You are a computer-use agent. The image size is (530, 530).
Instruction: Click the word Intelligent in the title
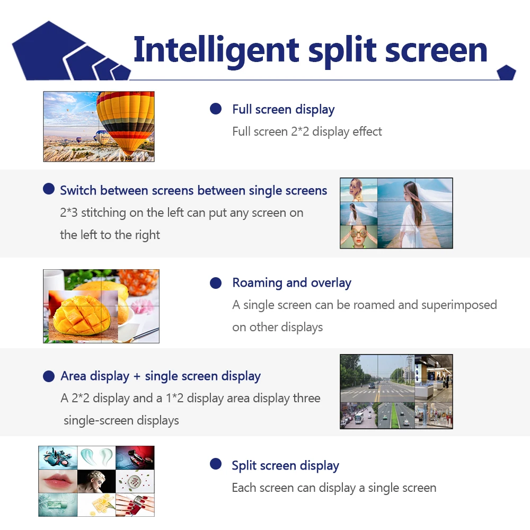216,50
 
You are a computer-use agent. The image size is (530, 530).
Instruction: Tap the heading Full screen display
283,110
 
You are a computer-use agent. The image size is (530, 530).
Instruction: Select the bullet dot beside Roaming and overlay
216,283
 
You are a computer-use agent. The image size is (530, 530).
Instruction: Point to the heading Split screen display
285,466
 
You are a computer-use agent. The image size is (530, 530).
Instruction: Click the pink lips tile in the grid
58,481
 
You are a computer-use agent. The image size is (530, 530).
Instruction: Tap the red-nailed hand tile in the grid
135,505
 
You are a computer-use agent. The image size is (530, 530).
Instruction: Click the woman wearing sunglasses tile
358,236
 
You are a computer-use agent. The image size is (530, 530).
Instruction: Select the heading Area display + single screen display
161,376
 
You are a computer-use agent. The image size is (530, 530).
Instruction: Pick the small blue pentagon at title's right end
506,73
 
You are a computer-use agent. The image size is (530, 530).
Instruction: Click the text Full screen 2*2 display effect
307,131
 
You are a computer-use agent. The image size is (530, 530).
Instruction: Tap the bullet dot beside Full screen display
216,109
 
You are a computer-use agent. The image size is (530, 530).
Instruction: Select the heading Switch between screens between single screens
193,190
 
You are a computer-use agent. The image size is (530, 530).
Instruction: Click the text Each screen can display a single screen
334,488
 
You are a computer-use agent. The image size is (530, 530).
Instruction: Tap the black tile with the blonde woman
96,481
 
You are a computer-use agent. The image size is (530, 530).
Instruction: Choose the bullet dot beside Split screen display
216,464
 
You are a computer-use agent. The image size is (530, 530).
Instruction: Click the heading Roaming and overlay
291,283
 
